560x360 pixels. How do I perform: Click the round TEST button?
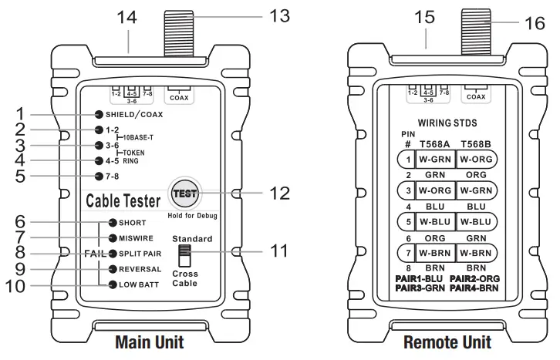pyautogui.click(x=184, y=193)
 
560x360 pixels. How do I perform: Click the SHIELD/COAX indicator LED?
pyautogui.click(x=100, y=114)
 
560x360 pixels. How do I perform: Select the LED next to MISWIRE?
pyautogui.click(x=112, y=237)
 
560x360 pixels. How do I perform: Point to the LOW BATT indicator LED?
pyautogui.click(x=112, y=284)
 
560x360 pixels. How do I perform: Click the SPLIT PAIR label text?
pyautogui.click(x=140, y=253)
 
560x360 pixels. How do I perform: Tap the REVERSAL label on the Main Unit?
pyautogui.click(x=140, y=269)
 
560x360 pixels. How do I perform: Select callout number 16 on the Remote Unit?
pyautogui.click(x=534, y=24)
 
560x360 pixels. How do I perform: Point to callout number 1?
pyautogui.click(x=21, y=113)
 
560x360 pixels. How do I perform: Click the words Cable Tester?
pyautogui.click(x=123, y=201)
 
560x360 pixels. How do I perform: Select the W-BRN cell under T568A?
pyautogui.click(x=434, y=251)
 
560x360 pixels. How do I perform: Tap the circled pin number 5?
pyautogui.click(x=405, y=220)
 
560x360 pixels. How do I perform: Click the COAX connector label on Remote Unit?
pyautogui.click(x=476, y=98)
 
